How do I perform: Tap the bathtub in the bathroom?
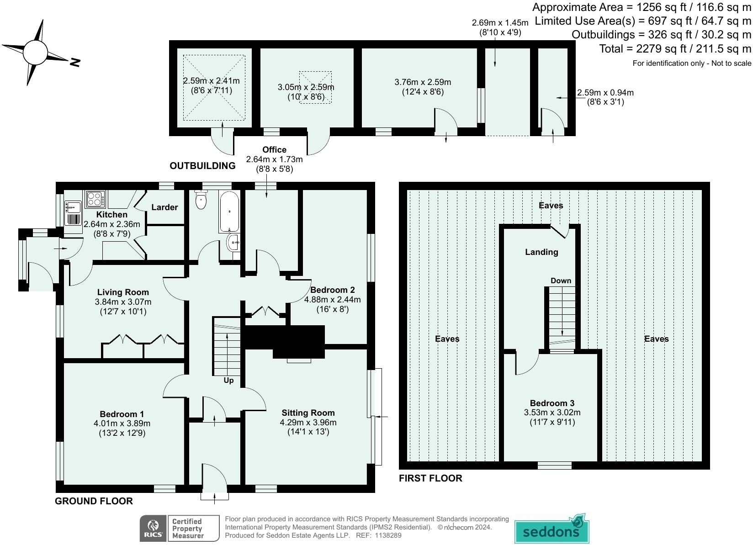coord(229,212)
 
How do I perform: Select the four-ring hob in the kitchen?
coord(95,199)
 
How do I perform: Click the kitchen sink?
coord(73,208)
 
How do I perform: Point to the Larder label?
coord(164,207)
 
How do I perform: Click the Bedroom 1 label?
coord(122,414)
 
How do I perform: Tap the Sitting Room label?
coord(308,413)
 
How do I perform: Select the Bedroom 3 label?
coord(552,403)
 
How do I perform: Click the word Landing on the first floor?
coord(541,252)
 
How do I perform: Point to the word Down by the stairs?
coord(561,280)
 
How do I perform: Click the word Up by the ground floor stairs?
coord(228,381)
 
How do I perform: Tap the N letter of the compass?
coord(75,63)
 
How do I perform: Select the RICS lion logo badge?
coord(153,529)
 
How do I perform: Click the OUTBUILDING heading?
coord(202,166)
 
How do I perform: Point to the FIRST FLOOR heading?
coord(430,478)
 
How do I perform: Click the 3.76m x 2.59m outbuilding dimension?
coord(423,82)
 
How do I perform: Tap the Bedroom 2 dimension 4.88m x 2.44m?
coord(332,299)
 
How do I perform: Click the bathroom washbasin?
coord(233,242)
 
